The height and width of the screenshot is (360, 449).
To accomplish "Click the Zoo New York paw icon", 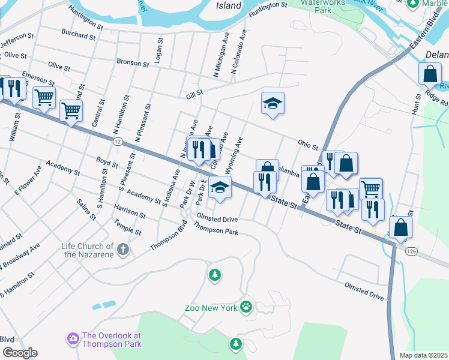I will pyautogui.click(x=246, y=307).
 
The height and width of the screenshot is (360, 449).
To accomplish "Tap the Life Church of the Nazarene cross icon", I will pyautogui.click(x=123, y=248).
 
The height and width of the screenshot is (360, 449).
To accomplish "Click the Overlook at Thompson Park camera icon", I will pyautogui.click(x=73, y=340).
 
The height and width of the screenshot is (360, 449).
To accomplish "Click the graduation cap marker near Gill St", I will pyautogui.click(x=273, y=103).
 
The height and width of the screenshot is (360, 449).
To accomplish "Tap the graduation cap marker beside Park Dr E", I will pyautogui.click(x=220, y=187).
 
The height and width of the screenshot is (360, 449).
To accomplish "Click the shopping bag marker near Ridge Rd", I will pyautogui.click(x=430, y=74).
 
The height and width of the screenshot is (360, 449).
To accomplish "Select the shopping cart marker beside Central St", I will pyautogui.click(x=71, y=110).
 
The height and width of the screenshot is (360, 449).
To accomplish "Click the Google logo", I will pyautogui.click(x=19, y=352).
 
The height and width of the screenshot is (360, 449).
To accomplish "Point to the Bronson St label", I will pyautogui.click(x=133, y=63).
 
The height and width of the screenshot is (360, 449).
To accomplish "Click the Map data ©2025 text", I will pyautogui.click(x=424, y=355).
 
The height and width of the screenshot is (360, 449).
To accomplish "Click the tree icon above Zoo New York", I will pyautogui.click(x=214, y=275).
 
